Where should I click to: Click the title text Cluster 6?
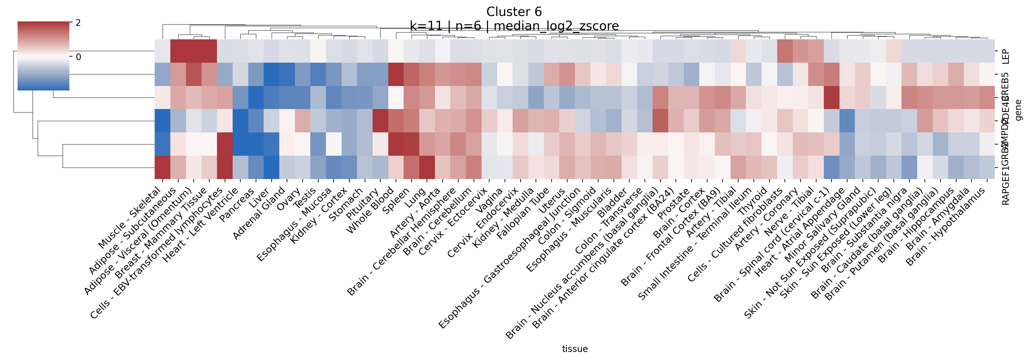514,12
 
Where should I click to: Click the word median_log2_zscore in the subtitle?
556,26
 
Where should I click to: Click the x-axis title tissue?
575,349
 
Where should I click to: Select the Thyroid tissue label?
753,202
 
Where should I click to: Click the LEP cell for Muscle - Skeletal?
163,51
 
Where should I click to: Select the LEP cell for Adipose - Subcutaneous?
178,51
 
